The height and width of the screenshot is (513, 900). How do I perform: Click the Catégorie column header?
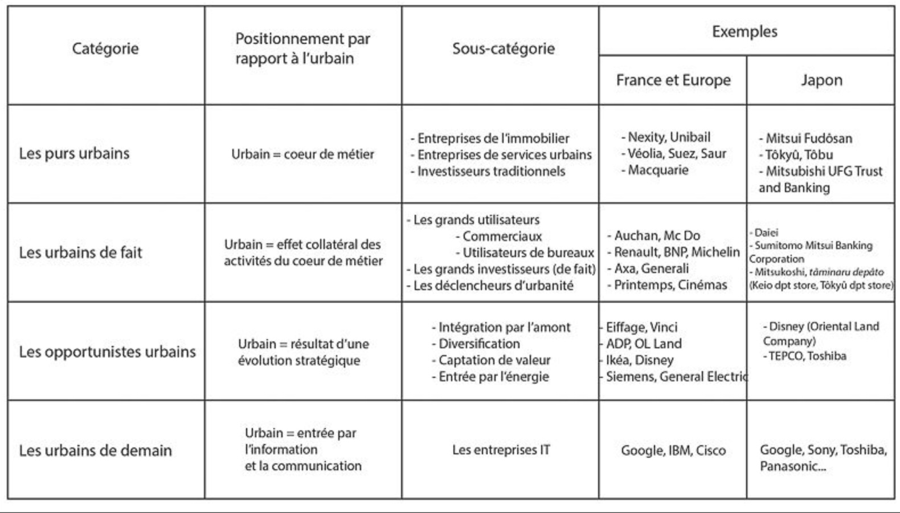pyautogui.click(x=105, y=48)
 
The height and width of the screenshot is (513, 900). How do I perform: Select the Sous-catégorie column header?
pyautogui.click(x=504, y=48)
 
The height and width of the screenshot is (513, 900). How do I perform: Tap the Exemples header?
pyautogui.click(x=744, y=31)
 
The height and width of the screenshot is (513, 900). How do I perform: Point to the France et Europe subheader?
pyautogui.click(x=673, y=80)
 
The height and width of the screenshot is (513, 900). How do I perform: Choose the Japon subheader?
pyautogui.click(x=821, y=80)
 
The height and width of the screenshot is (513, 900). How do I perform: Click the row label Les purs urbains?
pyautogui.click(x=75, y=153)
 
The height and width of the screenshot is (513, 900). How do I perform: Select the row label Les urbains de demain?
pyautogui.click(x=95, y=450)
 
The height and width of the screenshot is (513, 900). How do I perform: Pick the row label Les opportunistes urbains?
pyautogui.click(x=107, y=352)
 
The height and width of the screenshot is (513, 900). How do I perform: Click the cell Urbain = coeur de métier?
pyautogui.click(x=302, y=154)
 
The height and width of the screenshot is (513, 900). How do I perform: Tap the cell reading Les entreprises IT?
pyautogui.click(x=501, y=450)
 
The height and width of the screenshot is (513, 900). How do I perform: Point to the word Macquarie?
pyautogui.click(x=658, y=170)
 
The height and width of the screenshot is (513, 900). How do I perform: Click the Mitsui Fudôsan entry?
pyautogui.click(x=808, y=138)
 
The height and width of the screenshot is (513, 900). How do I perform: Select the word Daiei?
pyautogui.click(x=766, y=233)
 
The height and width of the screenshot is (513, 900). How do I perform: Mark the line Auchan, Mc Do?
pyautogui.click(x=657, y=235)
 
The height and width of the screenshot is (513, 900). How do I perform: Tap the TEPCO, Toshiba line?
pyautogui.click(x=807, y=356)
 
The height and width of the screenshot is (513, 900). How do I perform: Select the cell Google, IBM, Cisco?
pyautogui.click(x=673, y=450)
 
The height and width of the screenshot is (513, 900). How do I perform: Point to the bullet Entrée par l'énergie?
pyautogui.click(x=493, y=376)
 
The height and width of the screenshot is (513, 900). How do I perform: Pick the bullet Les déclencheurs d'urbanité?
pyautogui.click(x=493, y=285)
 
